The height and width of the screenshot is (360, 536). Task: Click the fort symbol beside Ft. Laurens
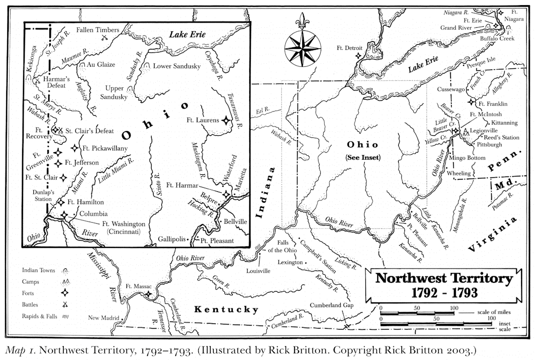[225, 121]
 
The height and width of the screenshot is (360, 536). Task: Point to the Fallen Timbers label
[98, 30]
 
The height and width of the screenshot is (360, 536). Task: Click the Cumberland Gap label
[330, 305]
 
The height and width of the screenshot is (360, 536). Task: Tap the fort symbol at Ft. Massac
[149, 295]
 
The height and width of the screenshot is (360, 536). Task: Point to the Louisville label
[258, 271]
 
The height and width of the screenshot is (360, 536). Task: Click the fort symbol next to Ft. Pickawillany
[75, 148]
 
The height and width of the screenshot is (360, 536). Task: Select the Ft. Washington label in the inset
[123, 224]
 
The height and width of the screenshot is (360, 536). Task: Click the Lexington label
[286, 262]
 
